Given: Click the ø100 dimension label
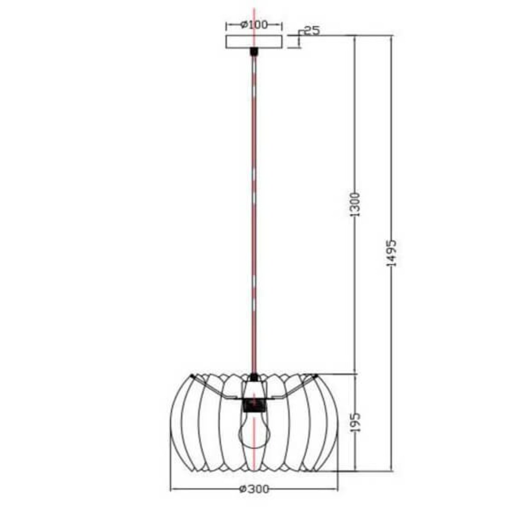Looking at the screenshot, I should tap(254, 25).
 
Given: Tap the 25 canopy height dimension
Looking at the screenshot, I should tap(312, 31).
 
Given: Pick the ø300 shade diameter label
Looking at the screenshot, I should tap(254, 489).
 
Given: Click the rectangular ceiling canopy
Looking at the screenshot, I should tap(254, 42).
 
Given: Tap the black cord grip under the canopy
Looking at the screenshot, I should tap(254, 51).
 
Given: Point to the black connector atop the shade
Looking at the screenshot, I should tap(254, 377).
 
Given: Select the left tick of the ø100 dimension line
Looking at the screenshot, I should tap(226, 25).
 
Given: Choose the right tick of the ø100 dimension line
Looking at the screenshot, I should tap(282, 25).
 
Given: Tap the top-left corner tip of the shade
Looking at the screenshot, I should tap(192, 376).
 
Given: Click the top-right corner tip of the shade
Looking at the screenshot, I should tap(316, 375).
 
